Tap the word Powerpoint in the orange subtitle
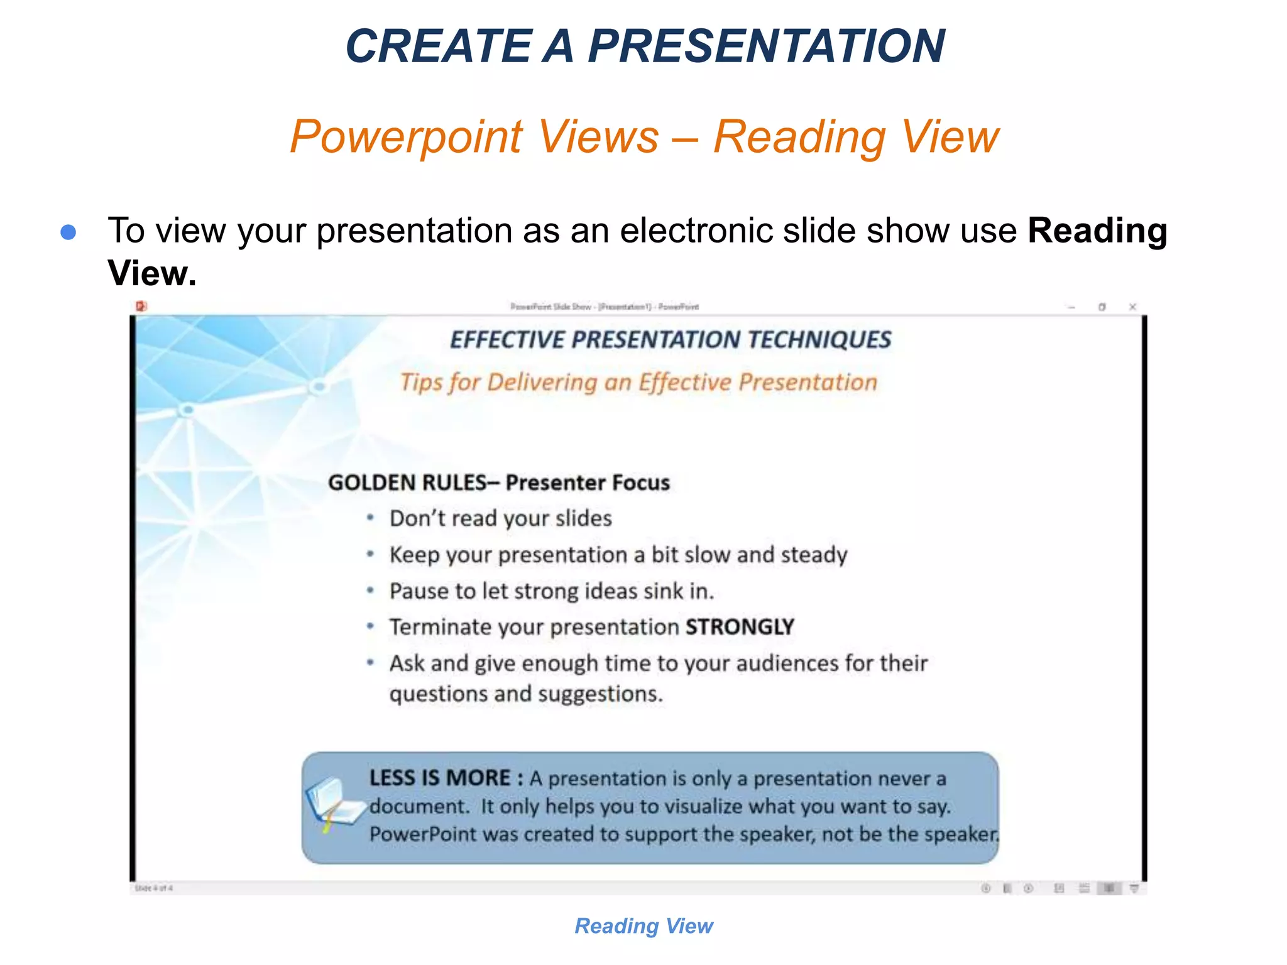[x=406, y=136]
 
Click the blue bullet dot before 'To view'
[x=68, y=232]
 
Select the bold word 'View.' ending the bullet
[x=152, y=273]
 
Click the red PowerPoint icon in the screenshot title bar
[x=141, y=306]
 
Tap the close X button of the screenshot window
[x=1132, y=307]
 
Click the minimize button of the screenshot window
[x=1071, y=307]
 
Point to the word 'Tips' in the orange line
[x=420, y=382]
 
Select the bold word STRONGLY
[x=740, y=627]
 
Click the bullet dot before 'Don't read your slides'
[x=371, y=518]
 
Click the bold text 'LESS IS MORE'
[x=439, y=778]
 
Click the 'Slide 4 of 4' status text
[x=153, y=888]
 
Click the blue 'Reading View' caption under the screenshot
[x=643, y=926]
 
